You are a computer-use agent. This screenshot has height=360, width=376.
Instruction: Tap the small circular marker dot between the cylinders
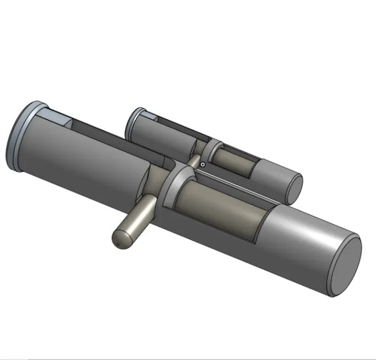(x=203, y=163)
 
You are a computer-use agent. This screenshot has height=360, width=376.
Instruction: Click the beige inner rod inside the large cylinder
(x=219, y=205)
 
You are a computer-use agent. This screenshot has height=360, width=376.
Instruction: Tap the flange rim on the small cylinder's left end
(x=130, y=123)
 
